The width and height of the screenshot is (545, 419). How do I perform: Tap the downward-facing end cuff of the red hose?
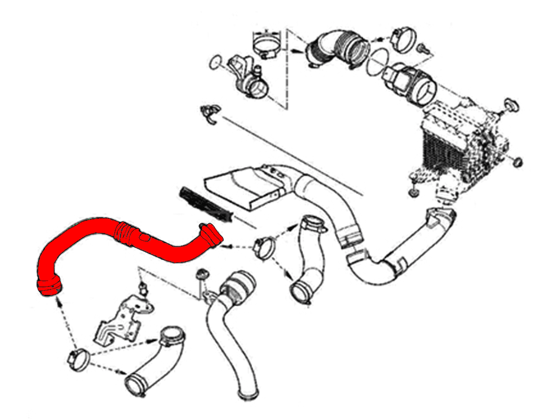[x=49, y=286]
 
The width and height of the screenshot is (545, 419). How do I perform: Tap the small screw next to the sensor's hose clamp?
[x=424, y=48]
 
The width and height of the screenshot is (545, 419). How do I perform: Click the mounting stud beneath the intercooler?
[x=412, y=191]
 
